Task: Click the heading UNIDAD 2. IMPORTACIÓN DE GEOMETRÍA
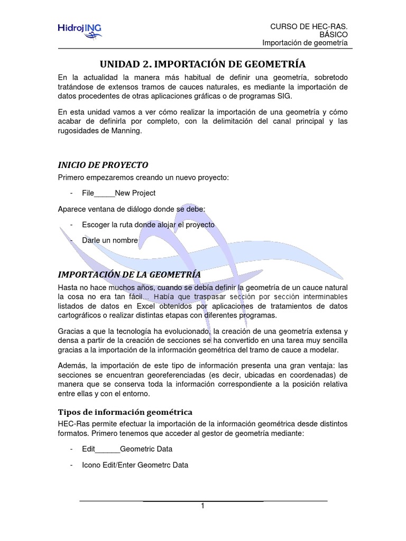203,64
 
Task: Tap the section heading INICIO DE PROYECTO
103,164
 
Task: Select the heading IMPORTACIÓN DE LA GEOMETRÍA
129,274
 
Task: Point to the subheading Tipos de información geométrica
125,411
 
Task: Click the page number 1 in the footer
202,506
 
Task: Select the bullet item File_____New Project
119,193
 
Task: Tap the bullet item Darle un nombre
109,240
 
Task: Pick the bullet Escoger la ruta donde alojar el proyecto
148,225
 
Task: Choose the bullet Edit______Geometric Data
127,449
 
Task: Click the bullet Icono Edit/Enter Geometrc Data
135,465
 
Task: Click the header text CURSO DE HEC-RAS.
309,26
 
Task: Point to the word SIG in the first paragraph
284,97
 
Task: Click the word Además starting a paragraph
72,366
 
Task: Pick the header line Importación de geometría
305,43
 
